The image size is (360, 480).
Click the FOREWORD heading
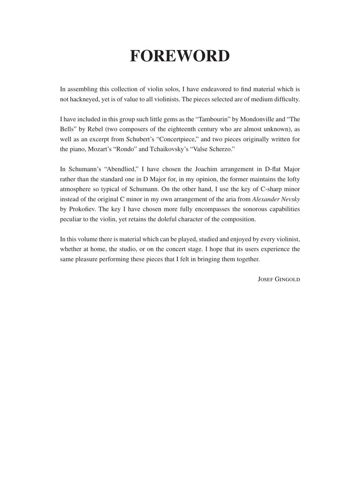click(180, 56)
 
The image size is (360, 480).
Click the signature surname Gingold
click(287, 279)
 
